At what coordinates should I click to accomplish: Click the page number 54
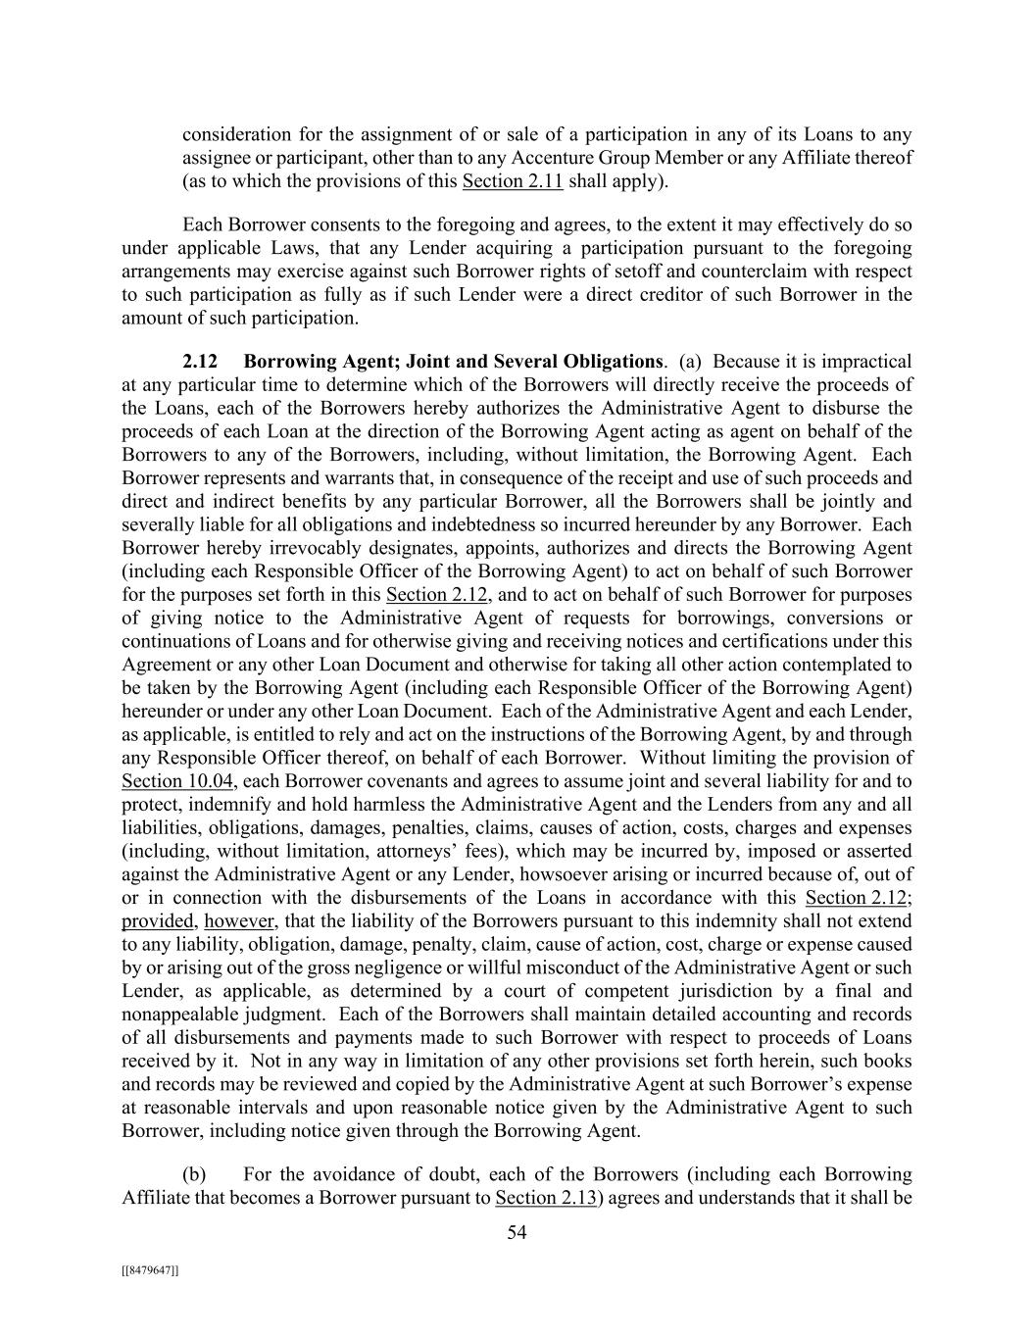[517, 1233]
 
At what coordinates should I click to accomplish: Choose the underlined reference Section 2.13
[546, 1197]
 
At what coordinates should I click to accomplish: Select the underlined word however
[241, 921]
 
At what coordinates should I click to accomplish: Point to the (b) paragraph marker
[194, 1174]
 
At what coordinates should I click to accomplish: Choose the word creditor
[706, 295]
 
